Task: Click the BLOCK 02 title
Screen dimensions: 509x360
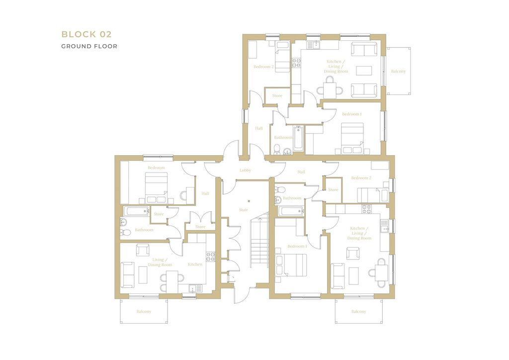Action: (x=86, y=34)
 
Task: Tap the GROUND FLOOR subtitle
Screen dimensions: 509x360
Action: (x=89, y=46)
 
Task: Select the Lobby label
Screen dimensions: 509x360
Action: (x=246, y=170)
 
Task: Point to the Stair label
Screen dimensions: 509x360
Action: (x=244, y=210)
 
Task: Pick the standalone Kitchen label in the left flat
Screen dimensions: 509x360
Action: (x=195, y=264)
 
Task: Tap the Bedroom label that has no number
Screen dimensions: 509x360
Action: (x=156, y=168)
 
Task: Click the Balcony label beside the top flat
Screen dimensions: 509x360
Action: (x=398, y=71)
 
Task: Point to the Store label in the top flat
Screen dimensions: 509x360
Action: (x=277, y=95)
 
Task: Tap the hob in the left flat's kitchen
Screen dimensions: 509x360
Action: (x=211, y=257)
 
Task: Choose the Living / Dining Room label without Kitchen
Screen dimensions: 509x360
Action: (x=160, y=262)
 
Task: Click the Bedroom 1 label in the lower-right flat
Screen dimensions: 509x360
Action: (x=297, y=246)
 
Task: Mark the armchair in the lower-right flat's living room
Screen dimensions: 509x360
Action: (x=353, y=253)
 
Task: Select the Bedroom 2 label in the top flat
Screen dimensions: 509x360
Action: (x=263, y=67)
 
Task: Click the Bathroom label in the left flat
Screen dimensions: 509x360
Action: (x=144, y=230)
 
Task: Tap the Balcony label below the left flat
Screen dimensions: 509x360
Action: (x=144, y=311)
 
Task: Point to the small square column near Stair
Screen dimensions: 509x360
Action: (x=249, y=201)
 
